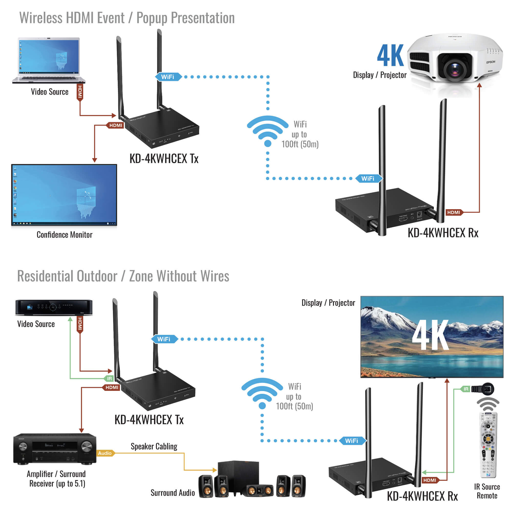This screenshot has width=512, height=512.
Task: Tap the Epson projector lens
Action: coord(455,68)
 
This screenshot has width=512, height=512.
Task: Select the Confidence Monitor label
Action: coord(65,235)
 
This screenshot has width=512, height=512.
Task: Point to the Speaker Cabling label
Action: coord(154,446)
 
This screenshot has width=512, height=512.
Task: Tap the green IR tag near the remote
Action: coord(466,389)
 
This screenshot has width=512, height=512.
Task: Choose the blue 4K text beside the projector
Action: coord(390,56)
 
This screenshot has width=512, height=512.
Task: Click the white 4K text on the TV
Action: coord(430,335)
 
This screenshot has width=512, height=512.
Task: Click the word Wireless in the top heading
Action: coord(41,18)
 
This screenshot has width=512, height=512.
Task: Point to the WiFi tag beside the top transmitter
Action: coord(168,77)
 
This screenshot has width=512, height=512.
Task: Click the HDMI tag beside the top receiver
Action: coord(454,212)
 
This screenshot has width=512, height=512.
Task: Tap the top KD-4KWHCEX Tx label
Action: coord(164,159)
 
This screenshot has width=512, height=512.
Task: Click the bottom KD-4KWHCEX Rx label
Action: coord(422,496)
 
